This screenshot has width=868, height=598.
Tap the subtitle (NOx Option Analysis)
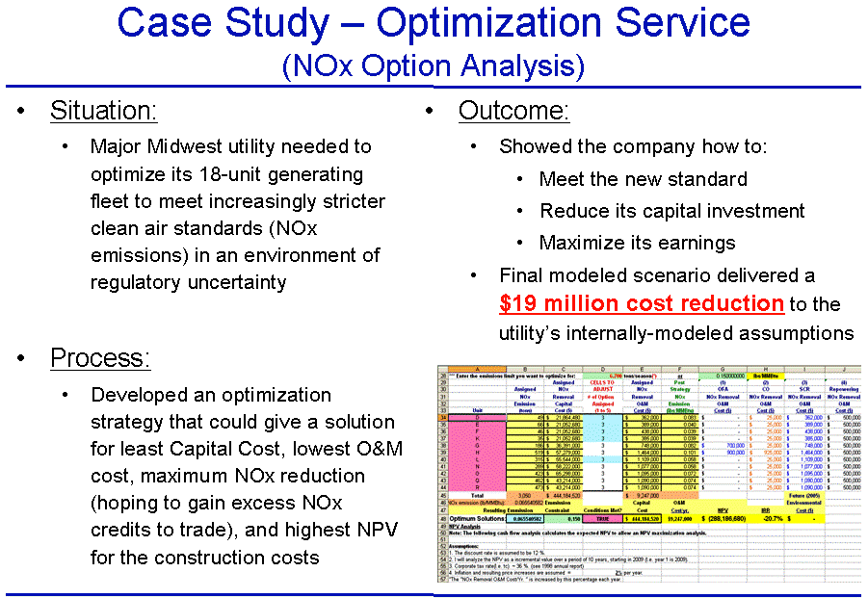[434, 65]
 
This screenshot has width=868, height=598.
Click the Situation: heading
[104, 111]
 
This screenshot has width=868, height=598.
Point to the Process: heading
[100, 358]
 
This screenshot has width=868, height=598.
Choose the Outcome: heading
[513, 111]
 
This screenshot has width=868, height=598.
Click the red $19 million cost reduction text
[641, 303]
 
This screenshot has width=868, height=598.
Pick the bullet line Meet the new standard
[643, 179]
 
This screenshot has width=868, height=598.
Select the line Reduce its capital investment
[671, 211]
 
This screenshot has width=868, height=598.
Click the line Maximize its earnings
[637, 243]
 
